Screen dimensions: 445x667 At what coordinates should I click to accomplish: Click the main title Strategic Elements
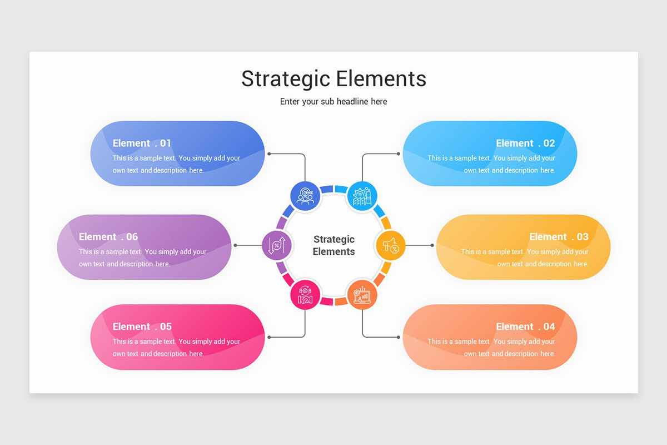pos(333,79)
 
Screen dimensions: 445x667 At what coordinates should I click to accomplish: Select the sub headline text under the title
pos(333,102)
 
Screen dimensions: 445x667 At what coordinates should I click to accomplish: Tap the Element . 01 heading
pos(142,144)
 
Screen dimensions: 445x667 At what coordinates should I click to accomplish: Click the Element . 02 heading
pos(525,144)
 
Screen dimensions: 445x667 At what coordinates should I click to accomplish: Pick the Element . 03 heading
pos(559,237)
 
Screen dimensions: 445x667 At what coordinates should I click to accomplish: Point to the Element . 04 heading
pos(525,327)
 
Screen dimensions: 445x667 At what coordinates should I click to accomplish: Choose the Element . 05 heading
pos(142,327)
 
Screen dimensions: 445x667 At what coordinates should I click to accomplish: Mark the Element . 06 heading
pos(108,237)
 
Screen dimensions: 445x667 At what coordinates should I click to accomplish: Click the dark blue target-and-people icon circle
pos(305,196)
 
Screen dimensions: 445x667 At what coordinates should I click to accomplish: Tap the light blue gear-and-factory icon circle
pos(362,196)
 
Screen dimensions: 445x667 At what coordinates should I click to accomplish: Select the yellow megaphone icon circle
pos(391,245)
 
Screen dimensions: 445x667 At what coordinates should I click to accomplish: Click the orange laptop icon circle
pos(362,295)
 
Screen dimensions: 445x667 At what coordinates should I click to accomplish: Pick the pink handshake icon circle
pos(305,295)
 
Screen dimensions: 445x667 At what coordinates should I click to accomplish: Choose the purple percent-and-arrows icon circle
pos(276,245)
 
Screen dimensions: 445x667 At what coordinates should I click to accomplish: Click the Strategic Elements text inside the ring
pos(333,245)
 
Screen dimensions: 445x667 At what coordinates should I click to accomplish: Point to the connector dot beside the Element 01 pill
pos(269,154)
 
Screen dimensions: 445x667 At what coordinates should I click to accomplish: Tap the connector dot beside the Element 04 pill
pos(399,337)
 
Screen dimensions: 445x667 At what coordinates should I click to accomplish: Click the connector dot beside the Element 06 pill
pos(236,245)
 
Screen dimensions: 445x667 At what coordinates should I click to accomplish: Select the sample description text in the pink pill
pos(176,348)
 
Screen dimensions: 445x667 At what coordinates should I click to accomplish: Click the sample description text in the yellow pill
pos(525,258)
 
